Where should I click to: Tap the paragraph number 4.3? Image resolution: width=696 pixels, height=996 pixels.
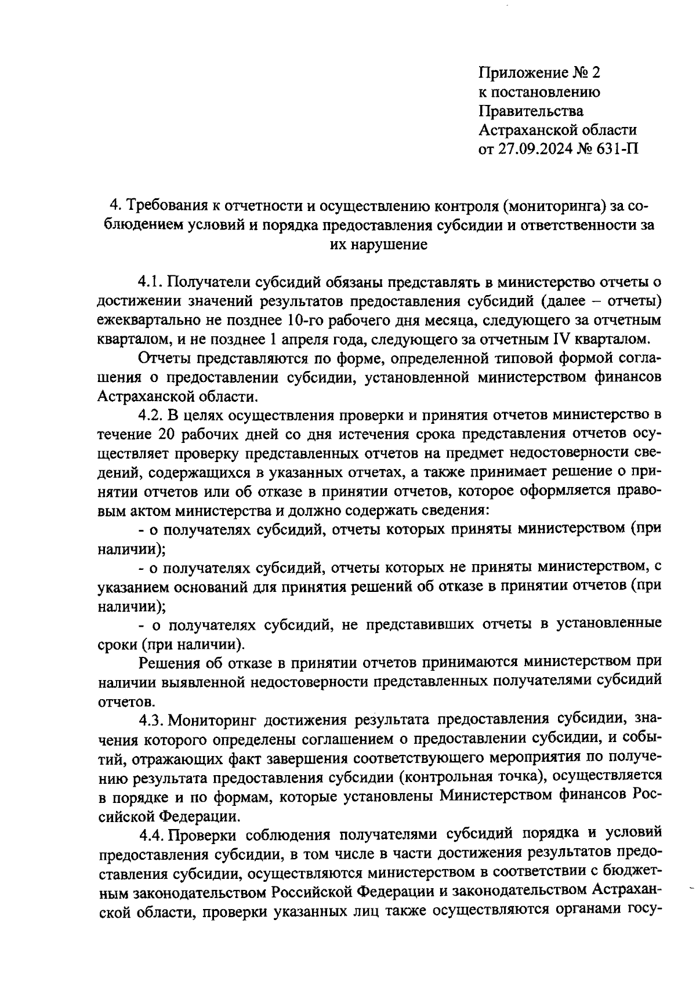pos(152,720)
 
